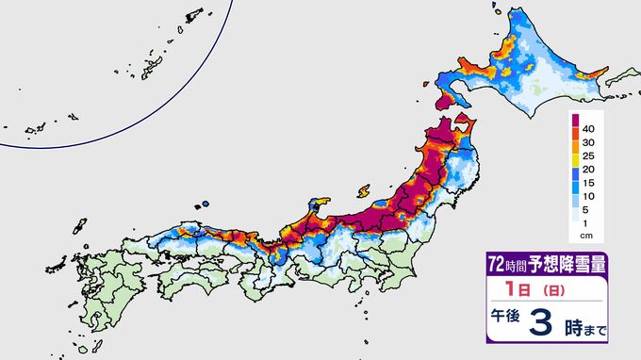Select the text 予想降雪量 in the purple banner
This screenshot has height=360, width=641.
tap(564, 262)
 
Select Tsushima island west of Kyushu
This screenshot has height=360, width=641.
tap(75, 227)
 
